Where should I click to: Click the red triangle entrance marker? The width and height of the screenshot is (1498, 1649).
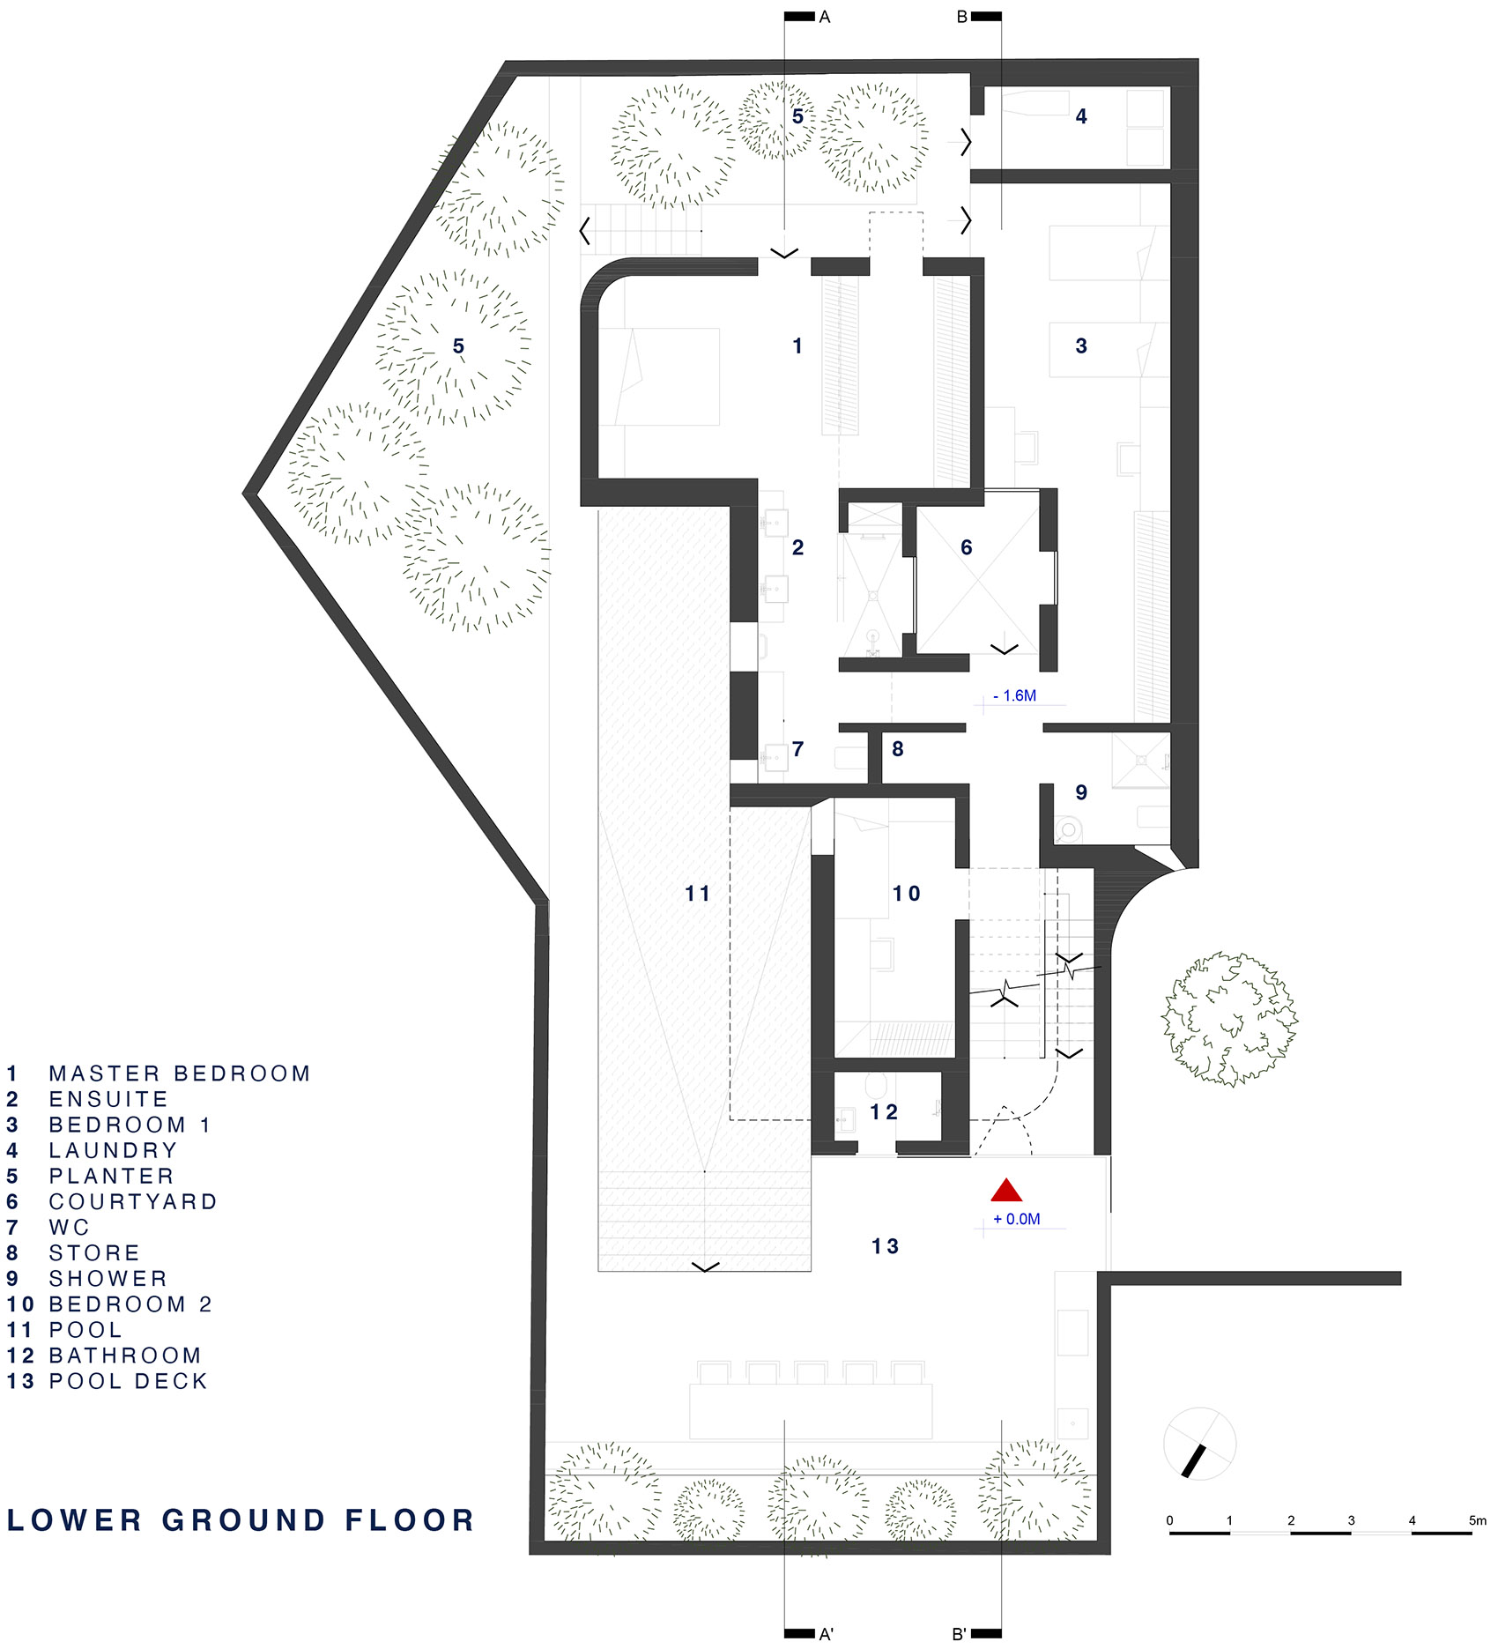point(1005,1192)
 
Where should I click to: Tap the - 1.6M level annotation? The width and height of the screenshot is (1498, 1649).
point(1014,695)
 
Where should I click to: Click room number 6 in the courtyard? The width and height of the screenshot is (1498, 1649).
point(966,547)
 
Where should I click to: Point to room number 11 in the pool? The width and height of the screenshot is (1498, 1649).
point(697,894)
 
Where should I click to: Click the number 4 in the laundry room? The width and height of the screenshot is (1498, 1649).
point(1080,116)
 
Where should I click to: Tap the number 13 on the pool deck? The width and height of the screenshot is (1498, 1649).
point(885,1246)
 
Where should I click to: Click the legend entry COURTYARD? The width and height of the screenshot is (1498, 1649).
point(132,1201)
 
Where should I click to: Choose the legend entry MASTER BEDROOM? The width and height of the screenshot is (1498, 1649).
point(179,1073)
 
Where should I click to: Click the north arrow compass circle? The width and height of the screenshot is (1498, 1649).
point(1199,1444)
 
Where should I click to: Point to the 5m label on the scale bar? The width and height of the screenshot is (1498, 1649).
point(1477,1520)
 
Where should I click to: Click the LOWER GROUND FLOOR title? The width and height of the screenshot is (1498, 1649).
point(241,1520)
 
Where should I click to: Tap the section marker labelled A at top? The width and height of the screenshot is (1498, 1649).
point(824,17)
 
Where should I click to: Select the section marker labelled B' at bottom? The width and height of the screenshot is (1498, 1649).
point(960,1634)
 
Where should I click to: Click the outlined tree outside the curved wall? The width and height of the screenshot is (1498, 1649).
point(1229,1019)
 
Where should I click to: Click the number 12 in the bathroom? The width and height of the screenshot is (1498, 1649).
point(884,1112)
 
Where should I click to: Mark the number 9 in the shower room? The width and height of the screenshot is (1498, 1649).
point(1080,792)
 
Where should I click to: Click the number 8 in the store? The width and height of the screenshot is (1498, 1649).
point(897,749)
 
